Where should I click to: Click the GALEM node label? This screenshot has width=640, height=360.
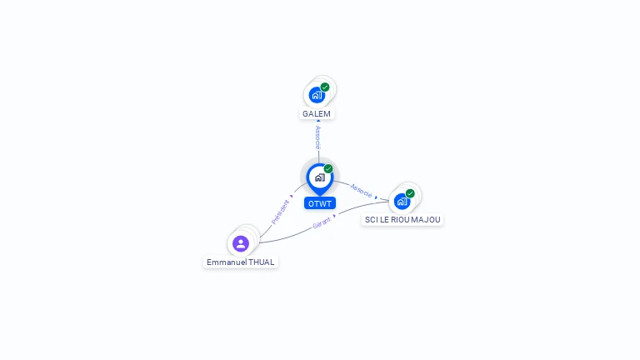pos(317,113)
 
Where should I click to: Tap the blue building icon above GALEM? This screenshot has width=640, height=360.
pos(317,95)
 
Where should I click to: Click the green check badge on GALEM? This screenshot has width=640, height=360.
pos(325,87)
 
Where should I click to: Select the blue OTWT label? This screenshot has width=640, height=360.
pos(320,203)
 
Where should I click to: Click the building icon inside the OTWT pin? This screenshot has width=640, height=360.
pos(320,177)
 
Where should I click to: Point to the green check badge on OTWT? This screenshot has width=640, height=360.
pos(328,169)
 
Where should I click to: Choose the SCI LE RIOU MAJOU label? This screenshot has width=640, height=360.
pos(402,220)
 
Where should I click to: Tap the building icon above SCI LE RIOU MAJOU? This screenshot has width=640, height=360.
pos(402,202)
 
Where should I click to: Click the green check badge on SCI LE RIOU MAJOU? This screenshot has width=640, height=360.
pos(410,193)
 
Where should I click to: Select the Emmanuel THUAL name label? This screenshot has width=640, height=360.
pos(240,262)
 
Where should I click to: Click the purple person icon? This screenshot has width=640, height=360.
pos(241,243)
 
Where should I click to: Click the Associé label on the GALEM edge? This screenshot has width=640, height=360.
pos(318,138)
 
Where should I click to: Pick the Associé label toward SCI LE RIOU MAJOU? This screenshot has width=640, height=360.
pos(361,190)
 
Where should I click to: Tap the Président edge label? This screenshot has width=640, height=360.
pos(280,212)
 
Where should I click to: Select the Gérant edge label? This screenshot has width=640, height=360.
pos(322,222)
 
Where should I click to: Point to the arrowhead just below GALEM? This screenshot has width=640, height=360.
pos(318,122)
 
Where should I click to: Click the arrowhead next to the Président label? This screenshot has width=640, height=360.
pos(292,197)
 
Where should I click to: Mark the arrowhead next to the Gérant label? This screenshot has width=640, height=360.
pos(335,216)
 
